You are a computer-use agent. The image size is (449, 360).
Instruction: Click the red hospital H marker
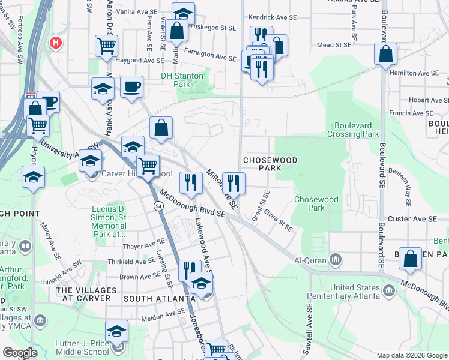tap(56, 43)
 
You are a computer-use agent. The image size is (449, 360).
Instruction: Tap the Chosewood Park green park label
tap(316, 203)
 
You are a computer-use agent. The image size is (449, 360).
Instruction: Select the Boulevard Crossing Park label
tap(353, 130)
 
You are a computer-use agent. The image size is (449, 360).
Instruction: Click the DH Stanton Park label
tap(183, 80)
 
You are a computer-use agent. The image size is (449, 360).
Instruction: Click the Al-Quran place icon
tap(336, 260)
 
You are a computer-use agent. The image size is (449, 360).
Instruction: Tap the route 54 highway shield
tap(158, 206)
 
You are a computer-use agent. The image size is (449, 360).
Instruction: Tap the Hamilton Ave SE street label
tap(414, 73)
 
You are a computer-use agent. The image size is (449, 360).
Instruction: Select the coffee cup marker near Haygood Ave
tap(131, 88)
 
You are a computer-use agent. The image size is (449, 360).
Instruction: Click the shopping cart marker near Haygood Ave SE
tap(106, 46)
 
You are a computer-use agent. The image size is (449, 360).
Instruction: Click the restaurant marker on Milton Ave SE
tap(233, 183)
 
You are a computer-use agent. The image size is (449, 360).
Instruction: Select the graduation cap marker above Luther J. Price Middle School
tap(116, 331)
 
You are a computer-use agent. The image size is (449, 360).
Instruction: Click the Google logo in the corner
tap(20, 353)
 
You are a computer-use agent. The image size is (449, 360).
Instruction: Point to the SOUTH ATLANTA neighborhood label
tap(159, 298)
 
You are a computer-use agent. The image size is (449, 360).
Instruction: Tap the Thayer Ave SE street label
tap(143, 245)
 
